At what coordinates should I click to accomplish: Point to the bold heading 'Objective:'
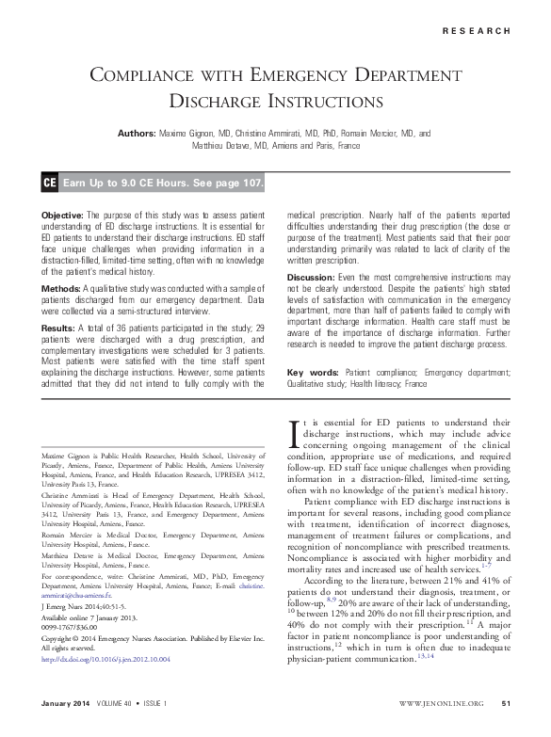(64, 216)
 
